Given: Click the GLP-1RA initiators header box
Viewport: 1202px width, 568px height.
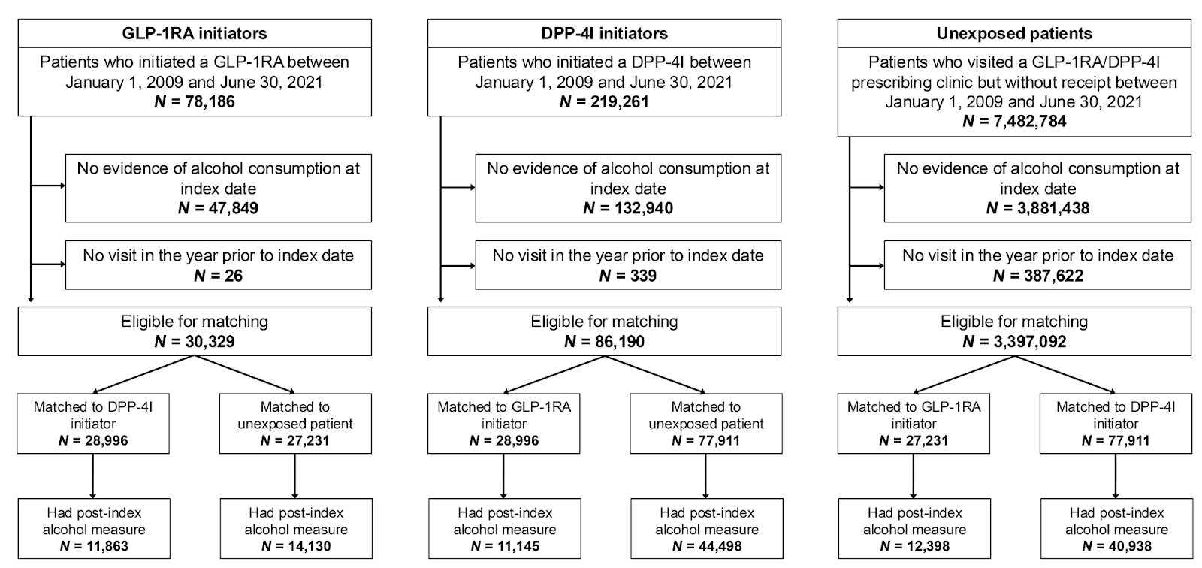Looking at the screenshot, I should pos(195,33).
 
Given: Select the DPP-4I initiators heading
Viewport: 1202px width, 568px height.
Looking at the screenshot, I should pos(604,33).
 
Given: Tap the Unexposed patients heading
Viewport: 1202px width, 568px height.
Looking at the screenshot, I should pos(1014,33).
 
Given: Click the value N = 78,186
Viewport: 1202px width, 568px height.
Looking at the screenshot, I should pos(195,101).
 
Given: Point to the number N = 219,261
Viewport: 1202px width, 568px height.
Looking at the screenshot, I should pos(604,101).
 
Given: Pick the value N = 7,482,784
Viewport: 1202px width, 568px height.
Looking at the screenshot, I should pos(1014,121).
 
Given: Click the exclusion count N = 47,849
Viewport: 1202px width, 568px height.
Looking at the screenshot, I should pos(218,208).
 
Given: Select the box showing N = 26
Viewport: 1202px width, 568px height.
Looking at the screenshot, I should pos(218,264).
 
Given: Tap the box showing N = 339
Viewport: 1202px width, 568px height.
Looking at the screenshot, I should pos(628,264).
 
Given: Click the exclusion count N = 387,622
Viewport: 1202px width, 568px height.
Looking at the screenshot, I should pos(1037,276).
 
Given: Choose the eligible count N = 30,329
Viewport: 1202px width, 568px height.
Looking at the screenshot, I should pos(195,342).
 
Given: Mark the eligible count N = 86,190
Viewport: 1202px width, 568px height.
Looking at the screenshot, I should pos(604,342).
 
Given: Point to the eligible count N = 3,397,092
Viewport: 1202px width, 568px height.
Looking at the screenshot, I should pos(1014,342).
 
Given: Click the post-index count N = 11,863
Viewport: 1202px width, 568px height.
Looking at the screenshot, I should pos(93,546).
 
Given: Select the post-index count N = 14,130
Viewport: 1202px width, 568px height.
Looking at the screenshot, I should pos(295,546).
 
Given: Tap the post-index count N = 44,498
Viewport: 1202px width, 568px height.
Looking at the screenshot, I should pos(707,546).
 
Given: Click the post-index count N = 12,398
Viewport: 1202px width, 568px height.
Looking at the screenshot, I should pos(914,546).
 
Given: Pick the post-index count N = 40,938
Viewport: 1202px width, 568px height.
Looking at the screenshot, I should pos(1116,546).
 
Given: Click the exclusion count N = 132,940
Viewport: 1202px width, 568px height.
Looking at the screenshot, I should pos(628,208).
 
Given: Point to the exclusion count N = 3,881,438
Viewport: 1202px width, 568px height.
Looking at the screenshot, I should pos(1037,208).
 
